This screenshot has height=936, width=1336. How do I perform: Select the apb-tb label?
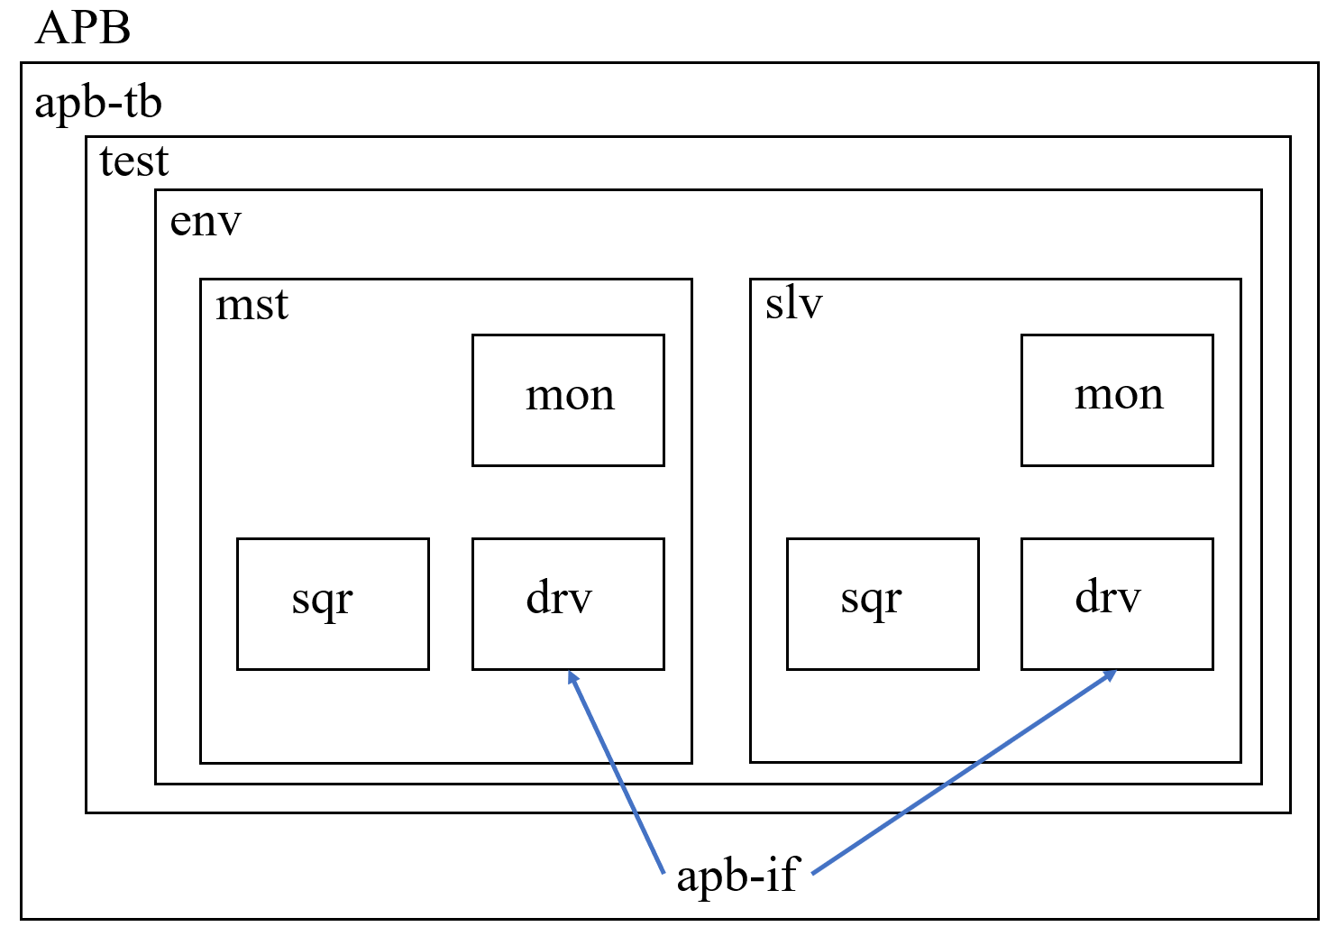98,103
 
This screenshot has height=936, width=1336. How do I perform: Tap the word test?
133,161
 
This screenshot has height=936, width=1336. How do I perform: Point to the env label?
206,221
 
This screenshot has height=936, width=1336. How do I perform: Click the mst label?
252,305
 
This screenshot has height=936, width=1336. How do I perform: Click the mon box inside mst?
568,400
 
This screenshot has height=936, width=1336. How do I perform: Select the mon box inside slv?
1117,400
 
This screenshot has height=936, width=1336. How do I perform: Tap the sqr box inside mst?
333,604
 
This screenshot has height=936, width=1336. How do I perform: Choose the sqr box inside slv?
883,604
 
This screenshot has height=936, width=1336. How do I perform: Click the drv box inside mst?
568,604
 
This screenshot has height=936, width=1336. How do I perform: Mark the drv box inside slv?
1117,604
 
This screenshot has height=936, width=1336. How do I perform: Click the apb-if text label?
737,876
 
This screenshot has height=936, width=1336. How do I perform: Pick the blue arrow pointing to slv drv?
965,772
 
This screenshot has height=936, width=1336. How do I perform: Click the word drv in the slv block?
1108,598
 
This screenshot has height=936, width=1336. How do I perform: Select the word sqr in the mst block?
322,601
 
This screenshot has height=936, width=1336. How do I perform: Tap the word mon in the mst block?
570,396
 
